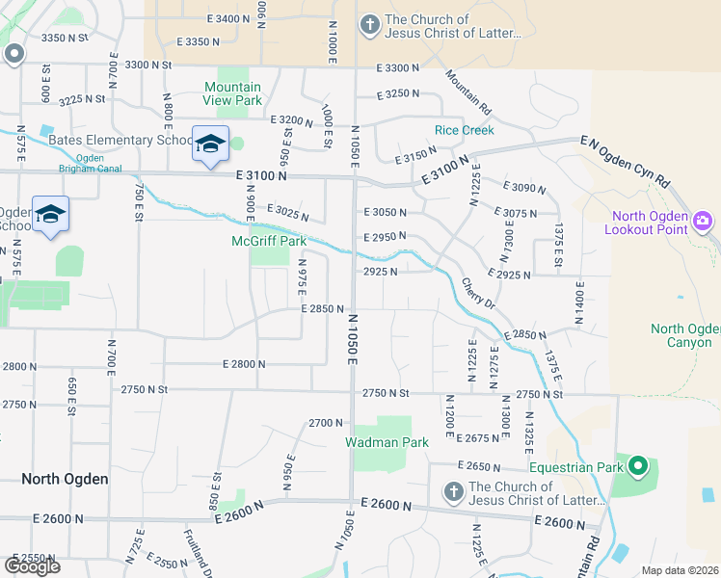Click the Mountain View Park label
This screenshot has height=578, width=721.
pyautogui.click(x=232, y=92)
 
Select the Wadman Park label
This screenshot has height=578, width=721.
pyautogui.click(x=387, y=442)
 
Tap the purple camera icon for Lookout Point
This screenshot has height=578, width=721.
pyautogui.click(x=704, y=221)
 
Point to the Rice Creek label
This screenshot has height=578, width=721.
pyautogui.click(x=464, y=130)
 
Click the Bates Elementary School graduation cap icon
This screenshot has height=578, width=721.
pyautogui.click(x=210, y=144)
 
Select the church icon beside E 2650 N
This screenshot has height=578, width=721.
pyautogui.click(x=453, y=492)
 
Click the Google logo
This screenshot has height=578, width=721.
pyautogui.click(x=32, y=566)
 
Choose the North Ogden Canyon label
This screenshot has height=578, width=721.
pyautogui.click(x=685, y=335)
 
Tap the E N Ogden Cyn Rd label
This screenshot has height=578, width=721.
pyautogui.click(x=625, y=162)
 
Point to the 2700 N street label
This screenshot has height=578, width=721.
pyautogui.click(x=326, y=423)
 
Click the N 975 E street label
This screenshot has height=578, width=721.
pyautogui.click(x=302, y=277)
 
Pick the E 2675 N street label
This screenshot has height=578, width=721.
pyautogui.click(x=472, y=437)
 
